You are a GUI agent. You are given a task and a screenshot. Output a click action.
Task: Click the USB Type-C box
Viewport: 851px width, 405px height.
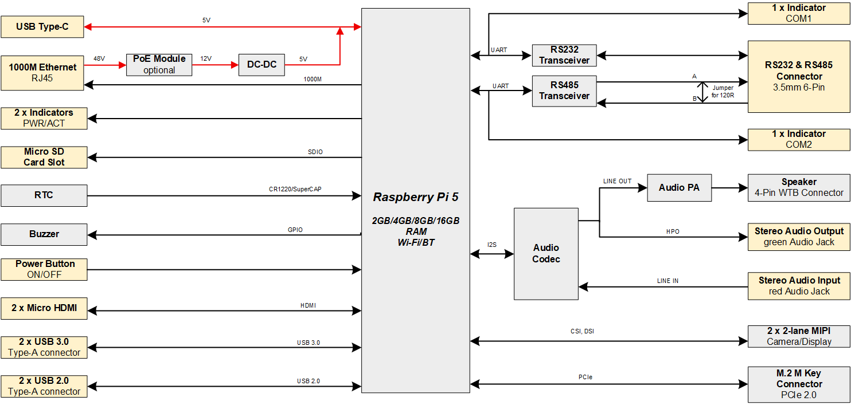pyautogui.click(x=42, y=27)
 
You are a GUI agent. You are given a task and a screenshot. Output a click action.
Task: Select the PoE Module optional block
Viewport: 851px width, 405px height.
pyautogui.click(x=159, y=64)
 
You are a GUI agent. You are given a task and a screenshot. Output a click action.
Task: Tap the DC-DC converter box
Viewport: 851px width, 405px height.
pyautogui.click(x=261, y=65)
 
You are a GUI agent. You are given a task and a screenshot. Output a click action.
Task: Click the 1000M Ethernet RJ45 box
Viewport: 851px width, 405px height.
pyautogui.click(x=42, y=73)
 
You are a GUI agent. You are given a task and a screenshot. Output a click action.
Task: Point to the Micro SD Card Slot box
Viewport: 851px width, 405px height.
pyautogui.click(x=44, y=157)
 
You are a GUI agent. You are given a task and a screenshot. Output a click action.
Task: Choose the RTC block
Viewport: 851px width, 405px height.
pyautogui.click(x=44, y=195)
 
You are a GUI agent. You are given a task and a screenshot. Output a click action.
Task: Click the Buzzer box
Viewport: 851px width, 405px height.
pyautogui.click(x=44, y=234)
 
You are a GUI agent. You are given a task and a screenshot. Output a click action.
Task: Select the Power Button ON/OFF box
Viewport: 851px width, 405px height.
pyautogui.click(x=44, y=269)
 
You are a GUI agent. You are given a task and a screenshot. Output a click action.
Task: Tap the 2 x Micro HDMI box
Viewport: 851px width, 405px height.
pyautogui.click(x=44, y=308)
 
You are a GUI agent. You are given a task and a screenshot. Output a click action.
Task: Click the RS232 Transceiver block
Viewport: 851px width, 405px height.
pyautogui.click(x=564, y=55)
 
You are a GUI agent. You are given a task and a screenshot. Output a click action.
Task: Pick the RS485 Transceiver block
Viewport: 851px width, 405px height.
pyautogui.click(x=564, y=91)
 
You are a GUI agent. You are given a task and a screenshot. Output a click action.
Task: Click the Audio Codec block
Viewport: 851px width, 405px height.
pyautogui.click(x=546, y=253)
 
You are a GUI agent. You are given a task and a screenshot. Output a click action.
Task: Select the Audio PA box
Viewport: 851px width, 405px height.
pyautogui.click(x=679, y=188)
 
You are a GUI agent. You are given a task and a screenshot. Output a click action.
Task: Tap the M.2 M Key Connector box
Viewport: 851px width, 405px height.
pyautogui.click(x=799, y=384)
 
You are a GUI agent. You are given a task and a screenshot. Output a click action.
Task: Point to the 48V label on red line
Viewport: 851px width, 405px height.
pyautogui.click(x=99, y=58)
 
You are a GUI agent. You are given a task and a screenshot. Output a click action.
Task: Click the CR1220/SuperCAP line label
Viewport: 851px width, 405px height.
pyautogui.click(x=295, y=189)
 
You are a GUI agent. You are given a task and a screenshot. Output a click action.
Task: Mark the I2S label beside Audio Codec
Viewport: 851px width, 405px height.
pyautogui.click(x=492, y=245)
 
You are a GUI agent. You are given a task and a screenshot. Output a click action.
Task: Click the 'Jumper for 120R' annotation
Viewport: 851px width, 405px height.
pyautogui.click(x=722, y=92)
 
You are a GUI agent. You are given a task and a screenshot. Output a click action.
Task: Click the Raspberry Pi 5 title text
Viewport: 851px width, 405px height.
pyautogui.click(x=416, y=197)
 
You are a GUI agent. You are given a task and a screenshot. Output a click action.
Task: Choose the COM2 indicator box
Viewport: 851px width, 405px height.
pyautogui.click(x=799, y=139)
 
